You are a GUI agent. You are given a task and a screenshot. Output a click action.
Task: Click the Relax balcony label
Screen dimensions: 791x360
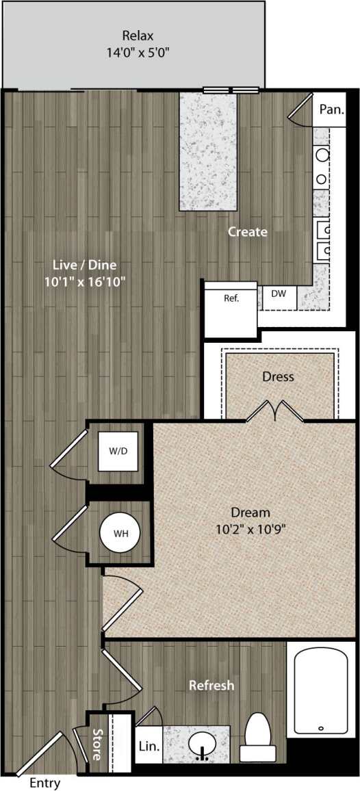138,36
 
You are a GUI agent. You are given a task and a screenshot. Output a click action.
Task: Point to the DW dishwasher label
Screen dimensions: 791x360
279,294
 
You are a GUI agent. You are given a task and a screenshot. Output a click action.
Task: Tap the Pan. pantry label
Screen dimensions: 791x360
332,108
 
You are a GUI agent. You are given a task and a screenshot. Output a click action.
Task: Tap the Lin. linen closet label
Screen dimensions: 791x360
149,749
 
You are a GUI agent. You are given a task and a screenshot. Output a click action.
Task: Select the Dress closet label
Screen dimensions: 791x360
278,376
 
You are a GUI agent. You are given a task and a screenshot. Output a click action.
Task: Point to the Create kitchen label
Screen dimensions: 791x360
248,232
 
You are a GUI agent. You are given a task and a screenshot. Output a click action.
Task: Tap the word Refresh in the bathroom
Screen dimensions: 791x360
211,685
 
